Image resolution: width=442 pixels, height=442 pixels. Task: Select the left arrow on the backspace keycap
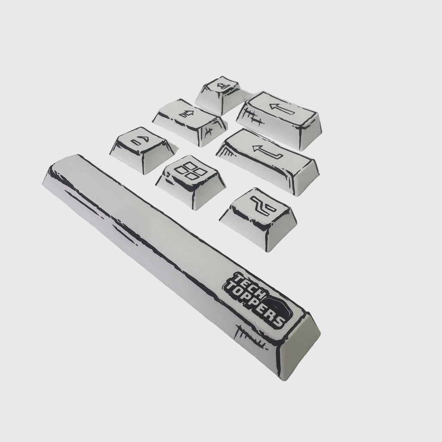pos(282,109)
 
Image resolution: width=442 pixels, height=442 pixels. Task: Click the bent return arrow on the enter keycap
pos(268,152)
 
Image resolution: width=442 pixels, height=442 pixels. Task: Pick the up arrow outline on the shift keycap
pos(186,114)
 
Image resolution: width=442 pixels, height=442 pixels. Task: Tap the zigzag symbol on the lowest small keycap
pos(263,206)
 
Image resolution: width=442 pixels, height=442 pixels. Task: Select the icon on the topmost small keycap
pos(224,85)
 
